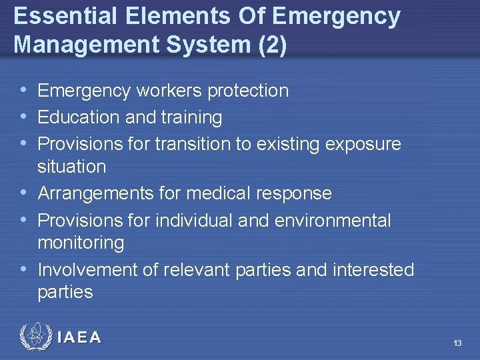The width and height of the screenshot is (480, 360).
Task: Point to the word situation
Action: tap(72, 167)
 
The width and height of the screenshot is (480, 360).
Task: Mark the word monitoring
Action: tap(81, 243)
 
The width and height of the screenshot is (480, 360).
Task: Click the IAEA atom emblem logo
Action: tap(35, 337)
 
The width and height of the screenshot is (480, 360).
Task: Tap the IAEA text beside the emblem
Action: tap(79, 337)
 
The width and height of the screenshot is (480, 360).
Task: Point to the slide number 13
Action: tap(457, 343)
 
